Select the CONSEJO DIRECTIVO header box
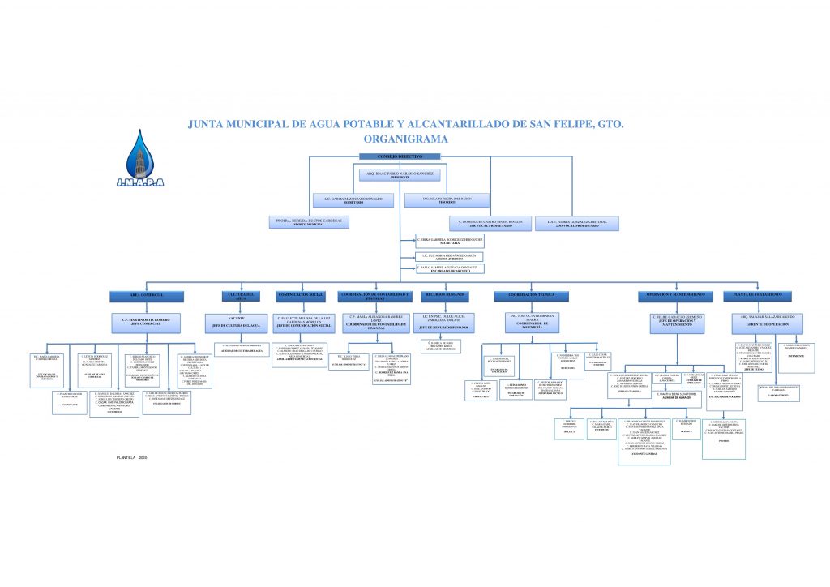pyautogui.click(x=400, y=156)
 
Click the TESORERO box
pyautogui.click(x=446, y=199)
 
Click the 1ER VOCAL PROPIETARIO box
pyautogui.click(x=490, y=222)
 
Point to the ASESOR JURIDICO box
pyautogui.click(x=450, y=256)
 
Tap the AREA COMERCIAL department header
pyautogui.click(x=148, y=295)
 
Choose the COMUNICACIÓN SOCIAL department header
pyautogui.click(x=301, y=295)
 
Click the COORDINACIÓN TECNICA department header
pyautogui.click(x=532, y=295)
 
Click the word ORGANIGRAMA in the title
pyautogui.click(x=400, y=139)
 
